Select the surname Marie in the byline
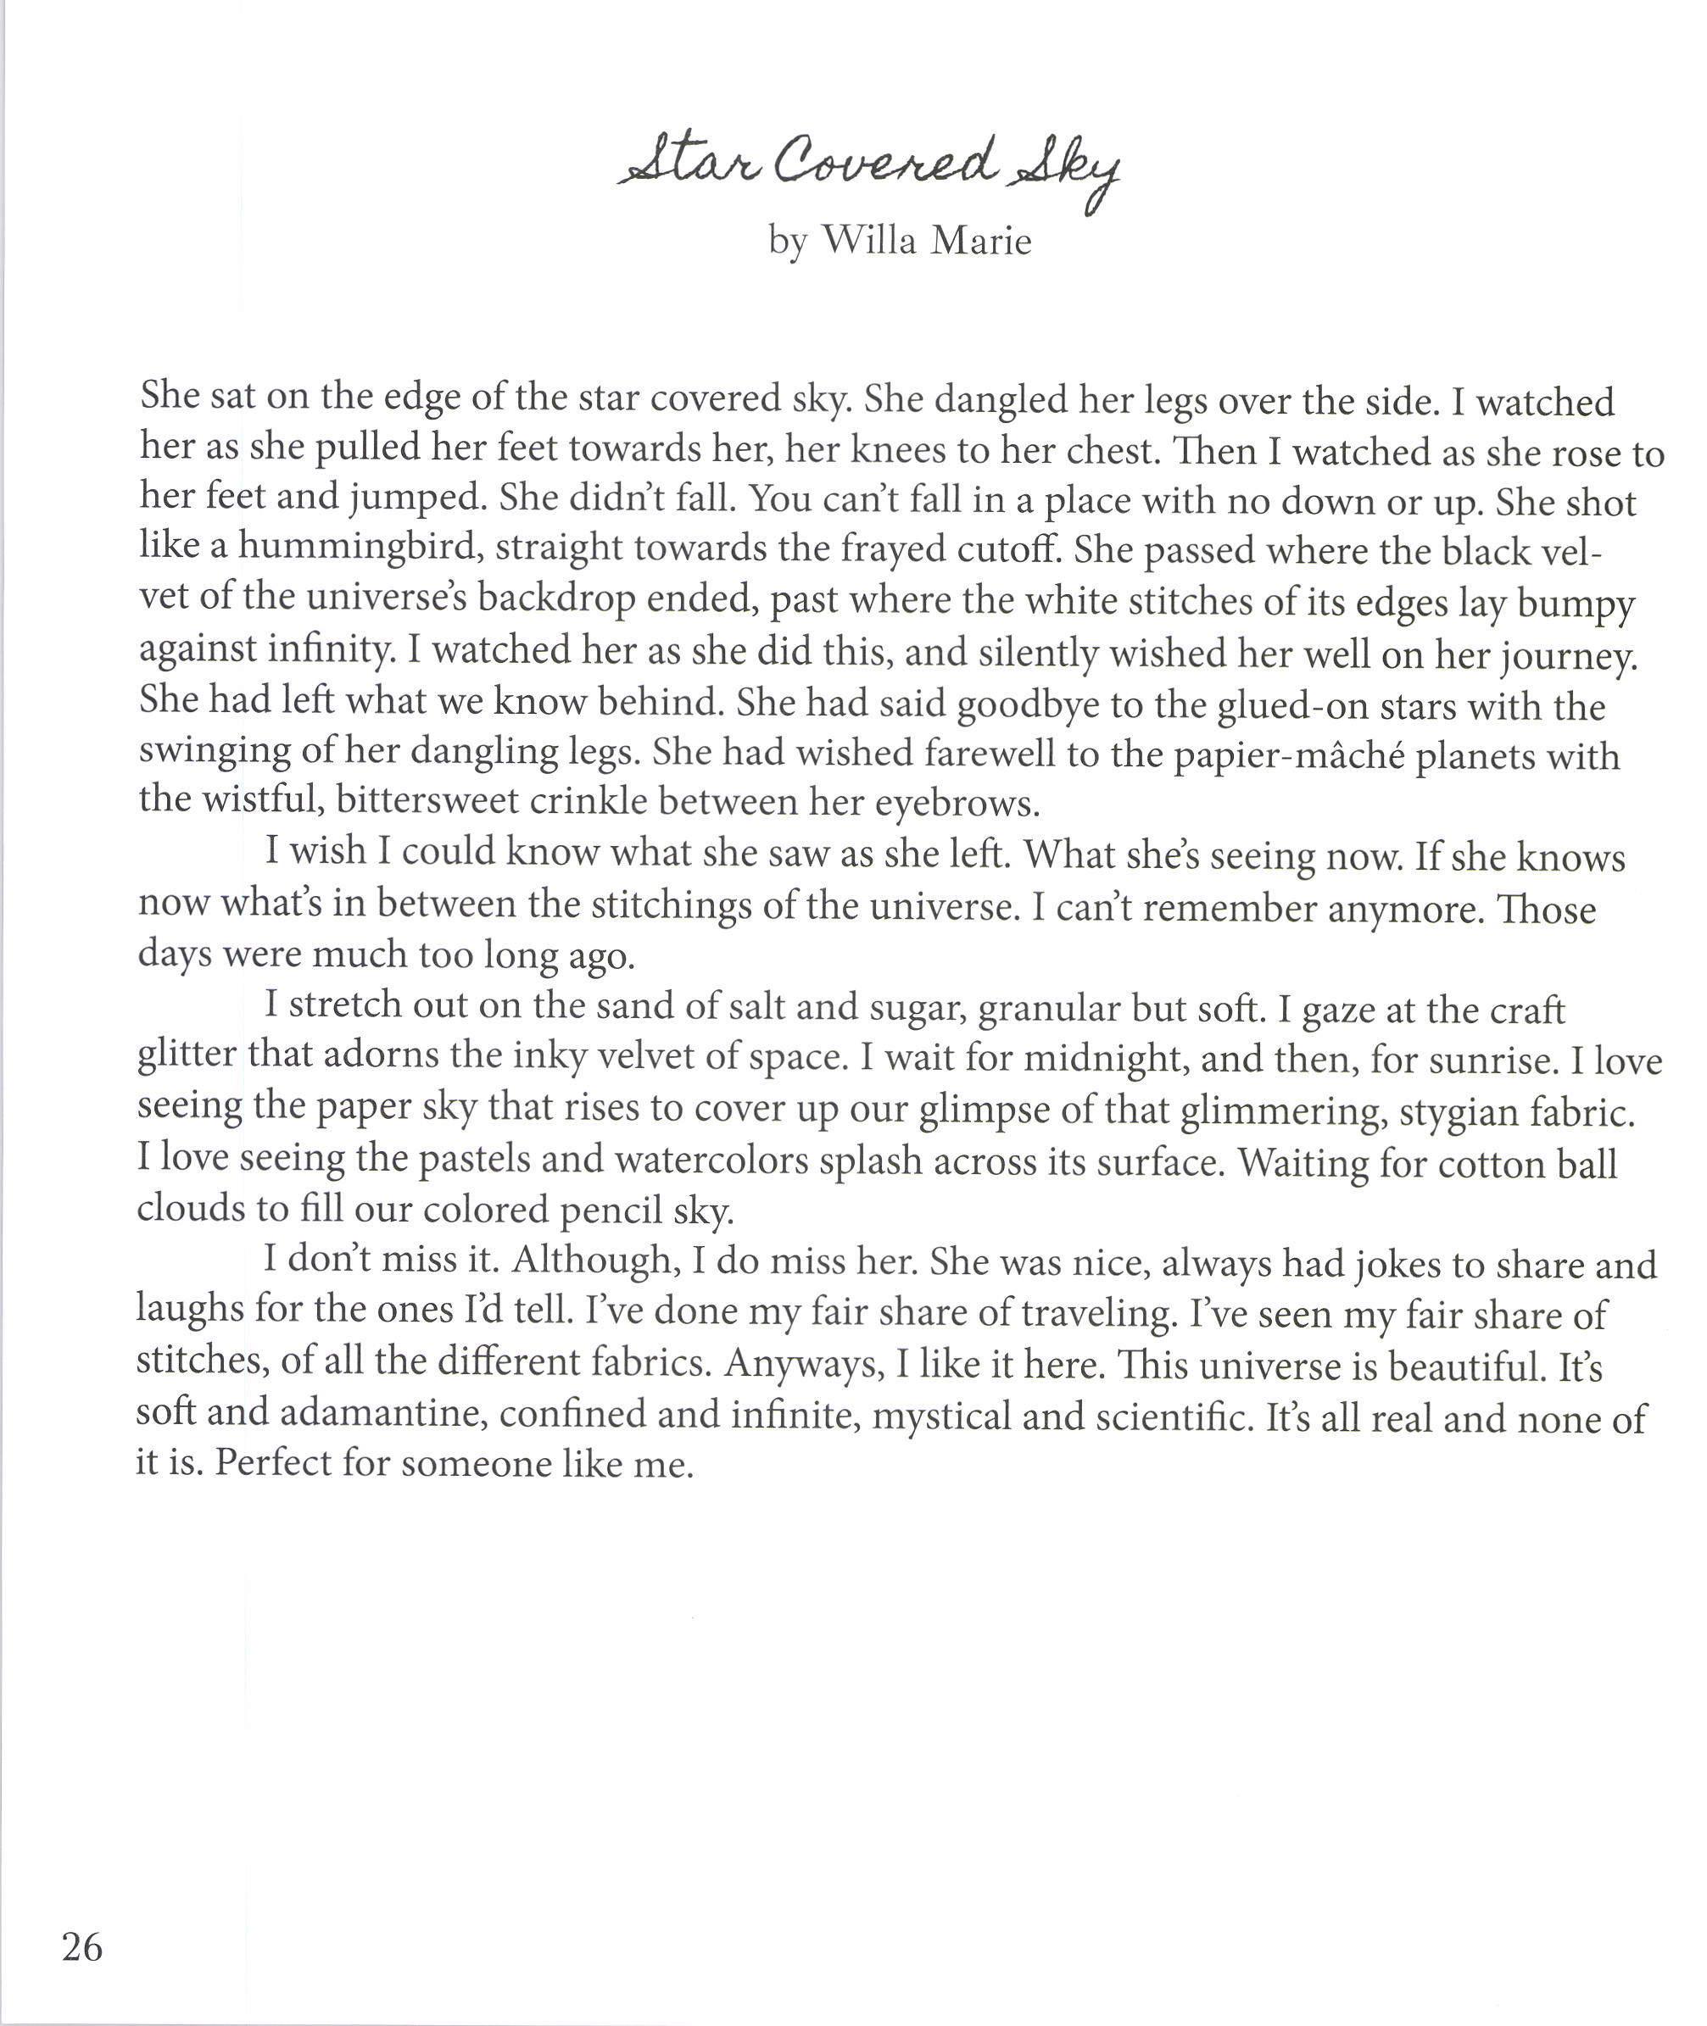[x=980, y=239]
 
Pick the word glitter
[x=187, y=1055]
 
